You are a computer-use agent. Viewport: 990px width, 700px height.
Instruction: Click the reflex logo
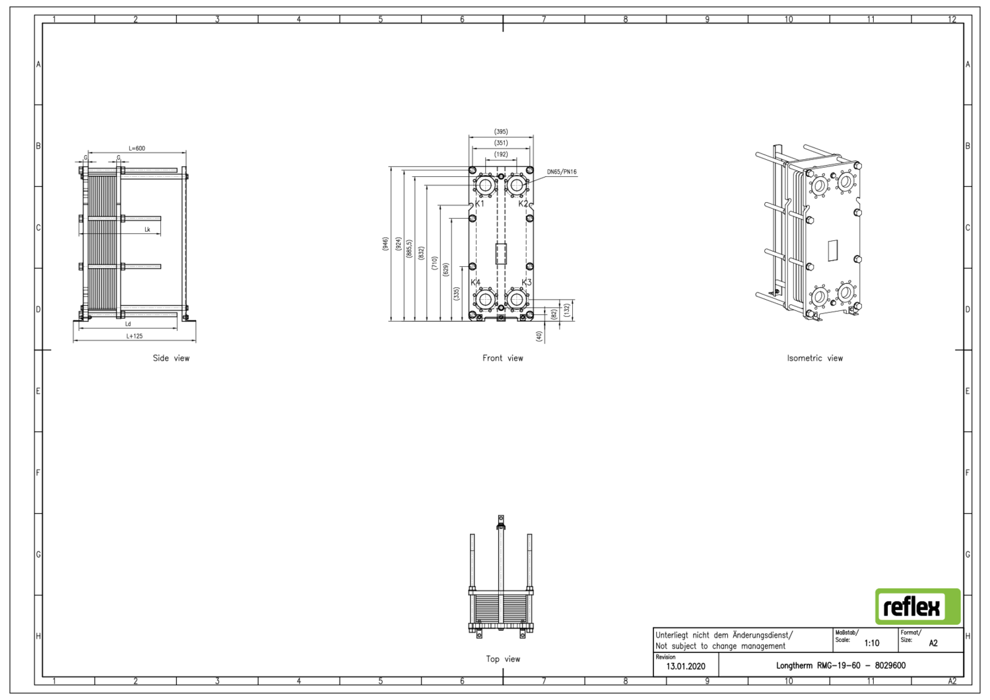tap(917, 606)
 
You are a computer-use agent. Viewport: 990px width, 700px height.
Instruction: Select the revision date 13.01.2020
tap(685, 666)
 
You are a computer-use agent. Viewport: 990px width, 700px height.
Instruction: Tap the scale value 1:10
tap(871, 643)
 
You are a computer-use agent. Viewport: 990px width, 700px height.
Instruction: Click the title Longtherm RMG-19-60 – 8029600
tap(840, 666)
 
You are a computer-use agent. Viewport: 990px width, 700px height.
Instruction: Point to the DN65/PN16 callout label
tap(561, 172)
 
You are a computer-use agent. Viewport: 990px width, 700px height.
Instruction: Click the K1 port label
tap(480, 203)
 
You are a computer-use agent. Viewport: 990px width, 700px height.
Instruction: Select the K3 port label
tap(526, 283)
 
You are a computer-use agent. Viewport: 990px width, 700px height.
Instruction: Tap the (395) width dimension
tap(501, 132)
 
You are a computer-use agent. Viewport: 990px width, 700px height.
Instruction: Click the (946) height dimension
tap(385, 244)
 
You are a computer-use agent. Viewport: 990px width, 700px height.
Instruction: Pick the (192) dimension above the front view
tap(501, 155)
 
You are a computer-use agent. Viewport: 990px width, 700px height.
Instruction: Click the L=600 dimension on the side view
tap(137, 149)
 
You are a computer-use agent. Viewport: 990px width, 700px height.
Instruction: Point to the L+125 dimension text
tap(135, 336)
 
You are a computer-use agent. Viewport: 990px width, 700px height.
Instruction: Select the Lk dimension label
tap(147, 230)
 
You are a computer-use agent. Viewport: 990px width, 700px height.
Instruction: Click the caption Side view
tap(171, 359)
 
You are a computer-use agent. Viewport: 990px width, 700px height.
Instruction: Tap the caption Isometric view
tap(814, 359)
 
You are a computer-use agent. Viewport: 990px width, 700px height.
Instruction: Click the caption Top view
tap(503, 659)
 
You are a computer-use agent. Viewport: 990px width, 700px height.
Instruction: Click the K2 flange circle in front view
tap(516, 186)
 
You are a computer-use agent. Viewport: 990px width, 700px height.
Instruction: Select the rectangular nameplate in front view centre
tap(501, 254)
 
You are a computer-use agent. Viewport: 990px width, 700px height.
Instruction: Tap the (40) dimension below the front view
tap(539, 336)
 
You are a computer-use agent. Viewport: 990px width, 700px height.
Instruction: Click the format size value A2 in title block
tap(933, 643)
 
